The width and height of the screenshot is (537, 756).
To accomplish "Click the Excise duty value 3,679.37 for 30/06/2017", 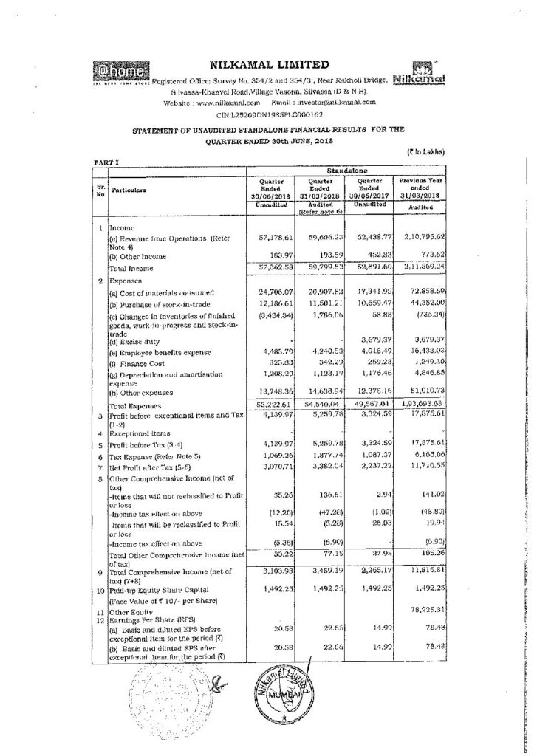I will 358,339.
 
